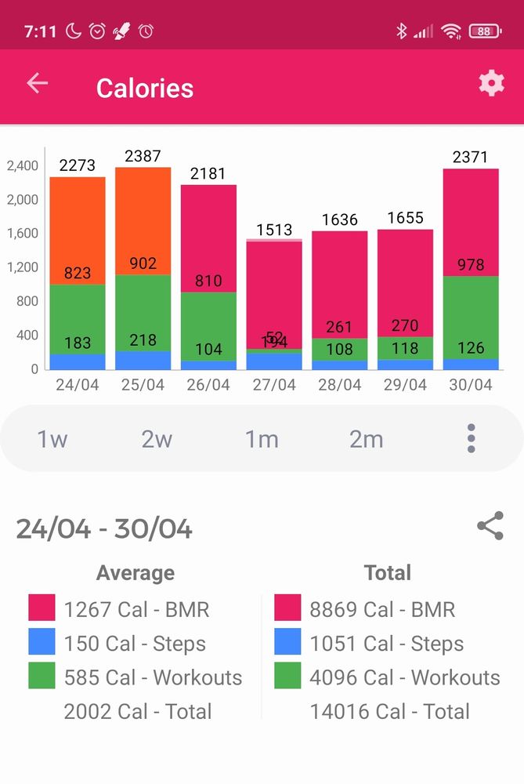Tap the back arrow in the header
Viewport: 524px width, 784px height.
click(x=37, y=83)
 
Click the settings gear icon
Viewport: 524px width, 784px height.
click(x=491, y=83)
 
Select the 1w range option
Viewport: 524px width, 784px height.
click(x=52, y=439)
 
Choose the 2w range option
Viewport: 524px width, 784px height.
click(x=157, y=439)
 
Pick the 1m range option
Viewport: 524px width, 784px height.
click(x=262, y=439)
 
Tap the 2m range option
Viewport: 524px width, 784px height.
click(x=366, y=439)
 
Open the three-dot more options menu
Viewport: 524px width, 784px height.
click(x=471, y=438)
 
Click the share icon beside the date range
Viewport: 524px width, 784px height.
click(x=490, y=526)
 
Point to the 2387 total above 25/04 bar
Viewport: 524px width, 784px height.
click(x=143, y=156)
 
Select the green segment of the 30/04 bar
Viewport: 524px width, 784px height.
click(x=471, y=318)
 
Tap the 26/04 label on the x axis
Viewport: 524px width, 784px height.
click(x=208, y=386)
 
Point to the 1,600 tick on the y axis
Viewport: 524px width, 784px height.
click(x=22, y=233)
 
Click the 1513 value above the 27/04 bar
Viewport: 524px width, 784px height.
click(x=274, y=230)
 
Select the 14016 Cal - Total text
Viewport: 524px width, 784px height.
click(x=389, y=712)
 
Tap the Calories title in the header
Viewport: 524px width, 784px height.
click(x=145, y=88)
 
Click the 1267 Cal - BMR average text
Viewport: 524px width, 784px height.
click(x=136, y=609)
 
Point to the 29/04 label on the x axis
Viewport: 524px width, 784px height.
click(x=405, y=386)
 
